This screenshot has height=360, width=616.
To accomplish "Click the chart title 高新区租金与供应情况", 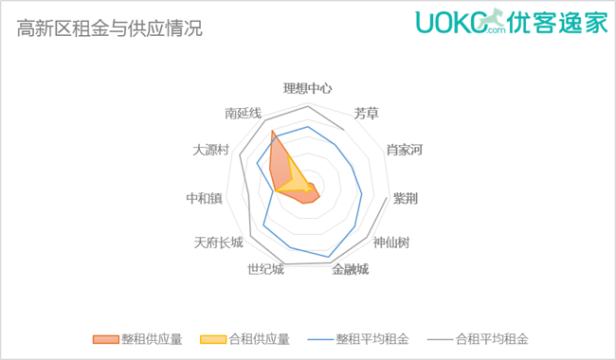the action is click(110, 28).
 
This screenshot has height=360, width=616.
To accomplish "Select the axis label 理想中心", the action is click(308, 88).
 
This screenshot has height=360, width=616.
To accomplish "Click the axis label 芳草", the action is click(366, 114).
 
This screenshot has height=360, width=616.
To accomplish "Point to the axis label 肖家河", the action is click(405, 150).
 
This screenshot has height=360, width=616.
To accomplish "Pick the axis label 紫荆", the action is click(406, 198).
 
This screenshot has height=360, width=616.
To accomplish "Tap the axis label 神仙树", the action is click(391, 243).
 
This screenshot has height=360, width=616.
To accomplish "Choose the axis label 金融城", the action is click(350, 269).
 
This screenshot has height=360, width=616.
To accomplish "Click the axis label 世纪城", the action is click(265, 269).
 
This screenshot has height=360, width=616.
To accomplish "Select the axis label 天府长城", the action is click(218, 243).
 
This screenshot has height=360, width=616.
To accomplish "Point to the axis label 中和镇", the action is click(205, 198).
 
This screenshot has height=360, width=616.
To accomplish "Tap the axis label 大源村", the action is click(210, 150).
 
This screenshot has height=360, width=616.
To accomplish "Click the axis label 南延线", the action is click(244, 114).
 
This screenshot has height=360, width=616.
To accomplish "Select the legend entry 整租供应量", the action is click(137, 339).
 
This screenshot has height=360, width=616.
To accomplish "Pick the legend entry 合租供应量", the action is click(245, 339).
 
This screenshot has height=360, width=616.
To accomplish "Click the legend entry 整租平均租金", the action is click(358, 339).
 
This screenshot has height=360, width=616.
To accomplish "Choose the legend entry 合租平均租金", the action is click(478, 339).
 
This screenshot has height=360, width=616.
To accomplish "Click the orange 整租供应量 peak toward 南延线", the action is click(272, 131).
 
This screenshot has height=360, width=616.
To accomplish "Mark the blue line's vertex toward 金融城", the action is click(328, 257).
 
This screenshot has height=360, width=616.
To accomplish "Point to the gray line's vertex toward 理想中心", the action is click(308, 106).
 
